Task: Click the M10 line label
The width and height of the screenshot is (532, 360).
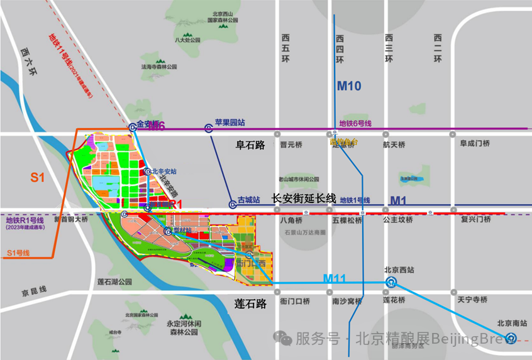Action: click(x=349, y=86)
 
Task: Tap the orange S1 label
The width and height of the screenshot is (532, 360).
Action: click(x=38, y=178)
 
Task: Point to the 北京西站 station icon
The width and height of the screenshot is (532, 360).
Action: click(x=391, y=283)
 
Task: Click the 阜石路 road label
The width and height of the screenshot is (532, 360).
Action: click(x=250, y=145)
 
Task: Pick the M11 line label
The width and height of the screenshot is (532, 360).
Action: click(x=336, y=278)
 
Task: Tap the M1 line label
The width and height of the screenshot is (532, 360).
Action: click(x=399, y=200)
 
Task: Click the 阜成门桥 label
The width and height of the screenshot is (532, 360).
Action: click(x=475, y=143)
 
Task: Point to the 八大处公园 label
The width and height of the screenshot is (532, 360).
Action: click(x=187, y=40)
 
